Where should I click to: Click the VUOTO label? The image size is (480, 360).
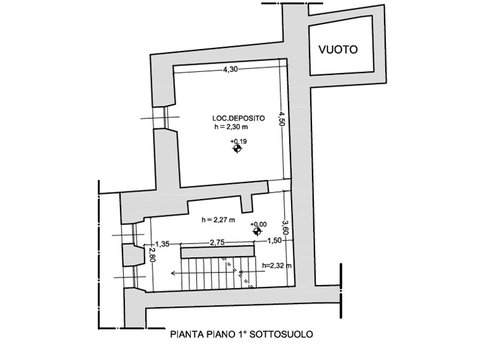tap(338, 50)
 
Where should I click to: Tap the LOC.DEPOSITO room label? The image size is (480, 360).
tap(238, 118)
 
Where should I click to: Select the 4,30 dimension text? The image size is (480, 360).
tap(230, 70)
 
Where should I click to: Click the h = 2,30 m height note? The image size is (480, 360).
tap(231, 127)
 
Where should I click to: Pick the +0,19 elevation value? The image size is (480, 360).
tap(238, 142)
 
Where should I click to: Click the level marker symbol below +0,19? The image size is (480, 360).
tap(237, 149)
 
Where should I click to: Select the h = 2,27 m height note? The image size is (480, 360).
tap(218, 220)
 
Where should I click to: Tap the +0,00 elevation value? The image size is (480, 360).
tap(259, 224)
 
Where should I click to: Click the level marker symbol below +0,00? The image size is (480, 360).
tap(257, 232)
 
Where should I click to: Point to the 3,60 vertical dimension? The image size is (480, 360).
tap(285, 227)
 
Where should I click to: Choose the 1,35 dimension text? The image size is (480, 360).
tap(162, 244)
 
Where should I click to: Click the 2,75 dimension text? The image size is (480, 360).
tap(217, 243)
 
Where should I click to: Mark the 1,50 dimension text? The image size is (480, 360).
tap(274, 241)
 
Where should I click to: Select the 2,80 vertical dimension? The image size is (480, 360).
tap(152, 254)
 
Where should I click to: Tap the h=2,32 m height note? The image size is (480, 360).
tap(277, 265)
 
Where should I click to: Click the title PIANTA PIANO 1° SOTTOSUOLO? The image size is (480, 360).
tap(242, 334)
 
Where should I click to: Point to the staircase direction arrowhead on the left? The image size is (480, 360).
tap(173, 272)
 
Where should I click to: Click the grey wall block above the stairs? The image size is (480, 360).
tap(218, 253)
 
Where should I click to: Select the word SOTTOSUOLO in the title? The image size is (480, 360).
tap(281, 334)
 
